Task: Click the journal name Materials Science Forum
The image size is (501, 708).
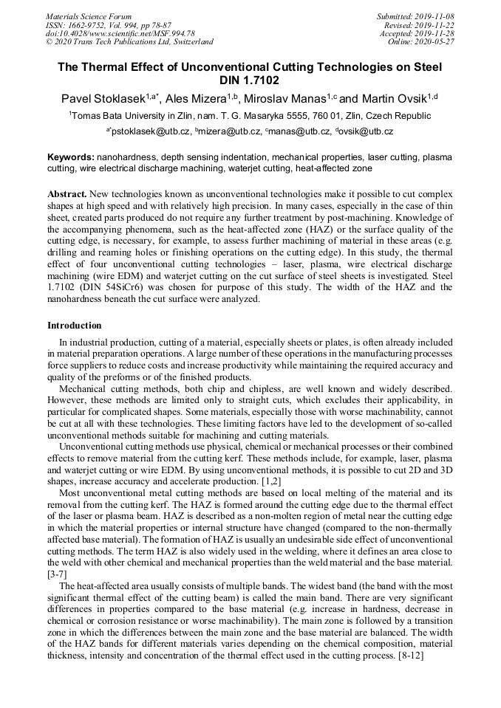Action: (89, 16)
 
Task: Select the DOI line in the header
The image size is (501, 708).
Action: (120, 33)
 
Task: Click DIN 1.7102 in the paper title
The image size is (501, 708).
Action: (250, 80)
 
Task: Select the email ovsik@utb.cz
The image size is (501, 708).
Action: (367, 131)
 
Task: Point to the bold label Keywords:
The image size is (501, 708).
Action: (71, 157)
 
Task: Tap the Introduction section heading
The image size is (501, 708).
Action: (75, 326)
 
